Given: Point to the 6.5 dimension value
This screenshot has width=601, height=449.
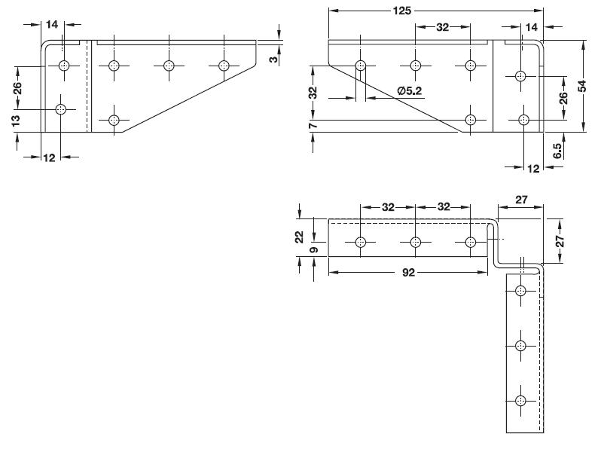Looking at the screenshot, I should click(x=557, y=150).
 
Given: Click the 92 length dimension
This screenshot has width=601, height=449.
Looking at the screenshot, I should click(x=409, y=273).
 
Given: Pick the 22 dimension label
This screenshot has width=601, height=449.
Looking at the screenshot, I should click(x=299, y=237).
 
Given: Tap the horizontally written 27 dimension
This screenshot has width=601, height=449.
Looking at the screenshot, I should click(x=521, y=200).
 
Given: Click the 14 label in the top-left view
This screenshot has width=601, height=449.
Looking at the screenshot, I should click(x=52, y=24).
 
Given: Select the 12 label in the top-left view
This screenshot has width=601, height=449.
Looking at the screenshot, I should click(x=50, y=157).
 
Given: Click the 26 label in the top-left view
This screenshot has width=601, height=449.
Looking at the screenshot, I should click(x=17, y=87).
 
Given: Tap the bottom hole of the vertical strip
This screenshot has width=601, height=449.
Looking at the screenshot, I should click(x=520, y=401).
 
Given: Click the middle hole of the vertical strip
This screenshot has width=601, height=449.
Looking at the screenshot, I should click(x=520, y=346).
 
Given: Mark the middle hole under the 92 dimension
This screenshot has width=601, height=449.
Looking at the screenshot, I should click(x=416, y=243).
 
